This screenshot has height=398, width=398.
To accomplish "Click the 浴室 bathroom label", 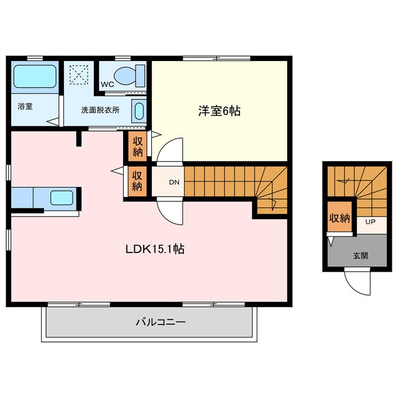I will [x=25, y=106].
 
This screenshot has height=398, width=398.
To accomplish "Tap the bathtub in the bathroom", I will [x=35, y=76].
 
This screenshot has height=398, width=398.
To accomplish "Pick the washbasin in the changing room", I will [x=138, y=112].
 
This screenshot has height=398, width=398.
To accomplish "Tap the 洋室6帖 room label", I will [x=220, y=111].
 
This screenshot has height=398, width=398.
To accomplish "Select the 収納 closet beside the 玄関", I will [x=340, y=218].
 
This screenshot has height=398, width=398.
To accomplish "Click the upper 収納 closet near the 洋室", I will [x=137, y=146].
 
